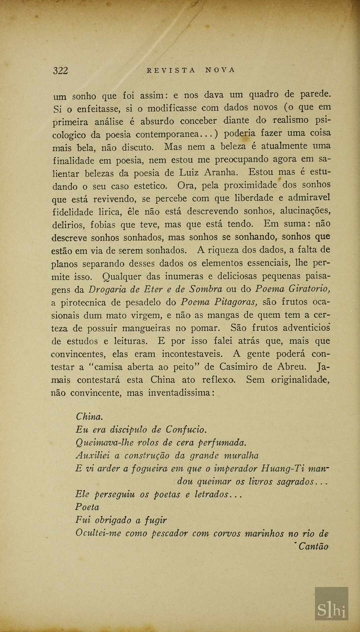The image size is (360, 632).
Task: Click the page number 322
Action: (60, 70)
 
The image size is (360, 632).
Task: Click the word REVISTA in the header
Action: (171, 70)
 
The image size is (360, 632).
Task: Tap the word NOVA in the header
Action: (220, 70)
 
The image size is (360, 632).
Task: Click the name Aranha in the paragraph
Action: (221, 172)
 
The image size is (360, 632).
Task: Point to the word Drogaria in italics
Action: (107, 289)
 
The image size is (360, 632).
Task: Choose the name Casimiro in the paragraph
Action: (238, 367)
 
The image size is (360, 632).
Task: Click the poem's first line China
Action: (89, 417)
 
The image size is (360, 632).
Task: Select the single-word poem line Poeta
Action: (87, 507)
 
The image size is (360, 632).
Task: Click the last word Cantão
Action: (313, 547)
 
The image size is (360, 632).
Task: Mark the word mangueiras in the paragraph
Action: (146, 328)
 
